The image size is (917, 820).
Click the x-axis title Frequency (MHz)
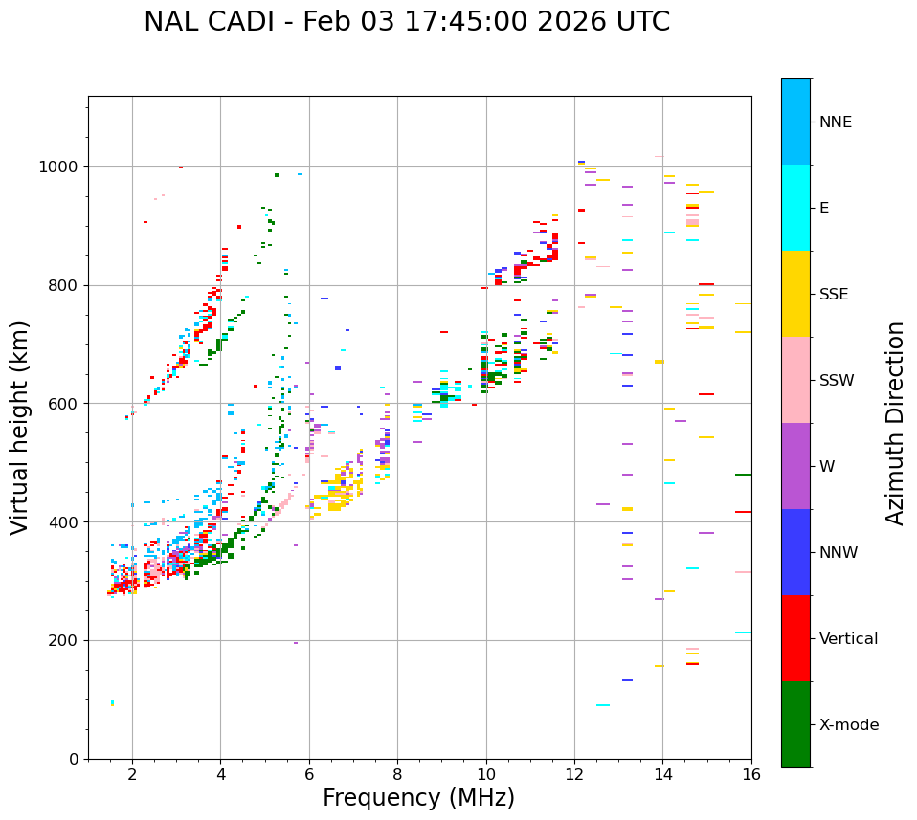[418, 798]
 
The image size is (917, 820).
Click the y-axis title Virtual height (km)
[20, 427]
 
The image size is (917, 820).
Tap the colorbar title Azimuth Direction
[895, 423]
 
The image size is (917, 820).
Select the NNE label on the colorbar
[835, 122]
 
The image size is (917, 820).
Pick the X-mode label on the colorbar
[849, 725]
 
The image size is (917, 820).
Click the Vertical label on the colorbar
[848, 639]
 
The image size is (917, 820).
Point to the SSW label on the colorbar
[837, 381]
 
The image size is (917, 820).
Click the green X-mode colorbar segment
[795, 724]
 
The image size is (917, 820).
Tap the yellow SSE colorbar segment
[795, 294]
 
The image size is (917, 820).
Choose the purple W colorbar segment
[795, 466]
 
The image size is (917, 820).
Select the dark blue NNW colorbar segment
[795, 552]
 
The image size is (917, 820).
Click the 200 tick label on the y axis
[65, 640]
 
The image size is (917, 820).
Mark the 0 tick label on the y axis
[75, 759]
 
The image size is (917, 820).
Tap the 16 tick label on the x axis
[751, 774]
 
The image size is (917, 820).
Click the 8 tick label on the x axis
[397, 774]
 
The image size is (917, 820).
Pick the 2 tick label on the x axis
[132, 774]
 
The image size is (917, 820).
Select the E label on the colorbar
[824, 209]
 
